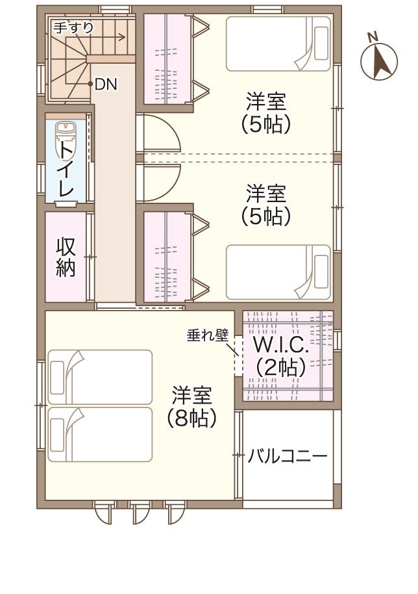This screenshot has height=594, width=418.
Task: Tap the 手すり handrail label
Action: click(x=73, y=27)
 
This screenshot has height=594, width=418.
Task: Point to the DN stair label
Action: click(x=105, y=84)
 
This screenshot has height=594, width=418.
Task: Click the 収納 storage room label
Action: click(x=66, y=257)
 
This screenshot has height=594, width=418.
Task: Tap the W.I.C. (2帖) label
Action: click(x=280, y=356)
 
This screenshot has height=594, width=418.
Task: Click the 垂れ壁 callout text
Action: click(x=208, y=335)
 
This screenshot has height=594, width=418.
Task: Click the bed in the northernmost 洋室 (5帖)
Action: click(x=278, y=44)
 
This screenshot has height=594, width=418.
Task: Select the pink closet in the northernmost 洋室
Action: click(x=167, y=58)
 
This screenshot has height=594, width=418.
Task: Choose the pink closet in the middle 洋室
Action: click(x=167, y=257)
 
